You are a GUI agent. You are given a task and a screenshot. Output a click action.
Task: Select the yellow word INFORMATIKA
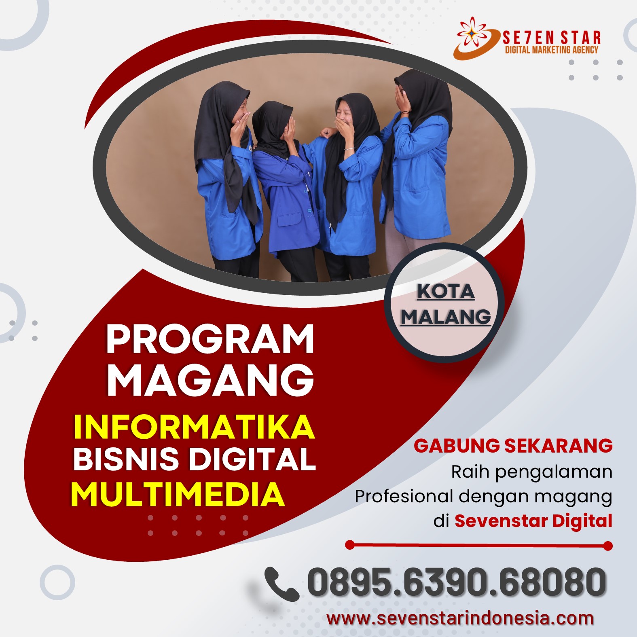click(194, 427)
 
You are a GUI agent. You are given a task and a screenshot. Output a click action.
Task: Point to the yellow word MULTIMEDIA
click(178, 494)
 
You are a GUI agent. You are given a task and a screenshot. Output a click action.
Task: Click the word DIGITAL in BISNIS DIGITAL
click(252, 459)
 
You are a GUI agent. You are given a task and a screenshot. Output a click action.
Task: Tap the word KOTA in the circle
click(446, 291)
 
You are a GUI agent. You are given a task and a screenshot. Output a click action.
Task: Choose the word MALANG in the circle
click(446, 316)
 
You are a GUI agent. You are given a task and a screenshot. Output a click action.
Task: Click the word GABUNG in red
click(457, 446)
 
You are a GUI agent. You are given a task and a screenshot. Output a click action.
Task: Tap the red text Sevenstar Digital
click(533, 521)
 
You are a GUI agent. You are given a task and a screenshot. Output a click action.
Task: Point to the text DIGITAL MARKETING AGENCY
click(552, 50)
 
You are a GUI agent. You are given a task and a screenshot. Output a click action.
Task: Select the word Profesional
click(404, 496)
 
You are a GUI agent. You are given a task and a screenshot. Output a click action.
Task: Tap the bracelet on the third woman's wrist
click(349, 149)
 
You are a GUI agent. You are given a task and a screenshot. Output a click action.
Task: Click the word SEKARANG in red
click(559, 446)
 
